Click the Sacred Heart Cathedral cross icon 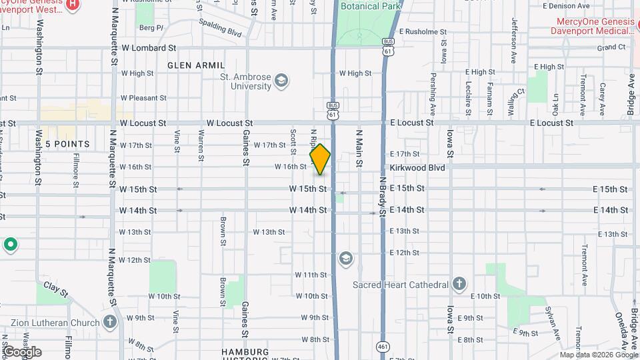459,285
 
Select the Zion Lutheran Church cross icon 110,322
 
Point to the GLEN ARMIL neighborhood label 193,65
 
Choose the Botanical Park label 369,7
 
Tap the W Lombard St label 149,49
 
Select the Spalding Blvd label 220,27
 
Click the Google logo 22,352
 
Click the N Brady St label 383,197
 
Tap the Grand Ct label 611,47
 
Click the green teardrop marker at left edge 10,245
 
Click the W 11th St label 311,275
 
